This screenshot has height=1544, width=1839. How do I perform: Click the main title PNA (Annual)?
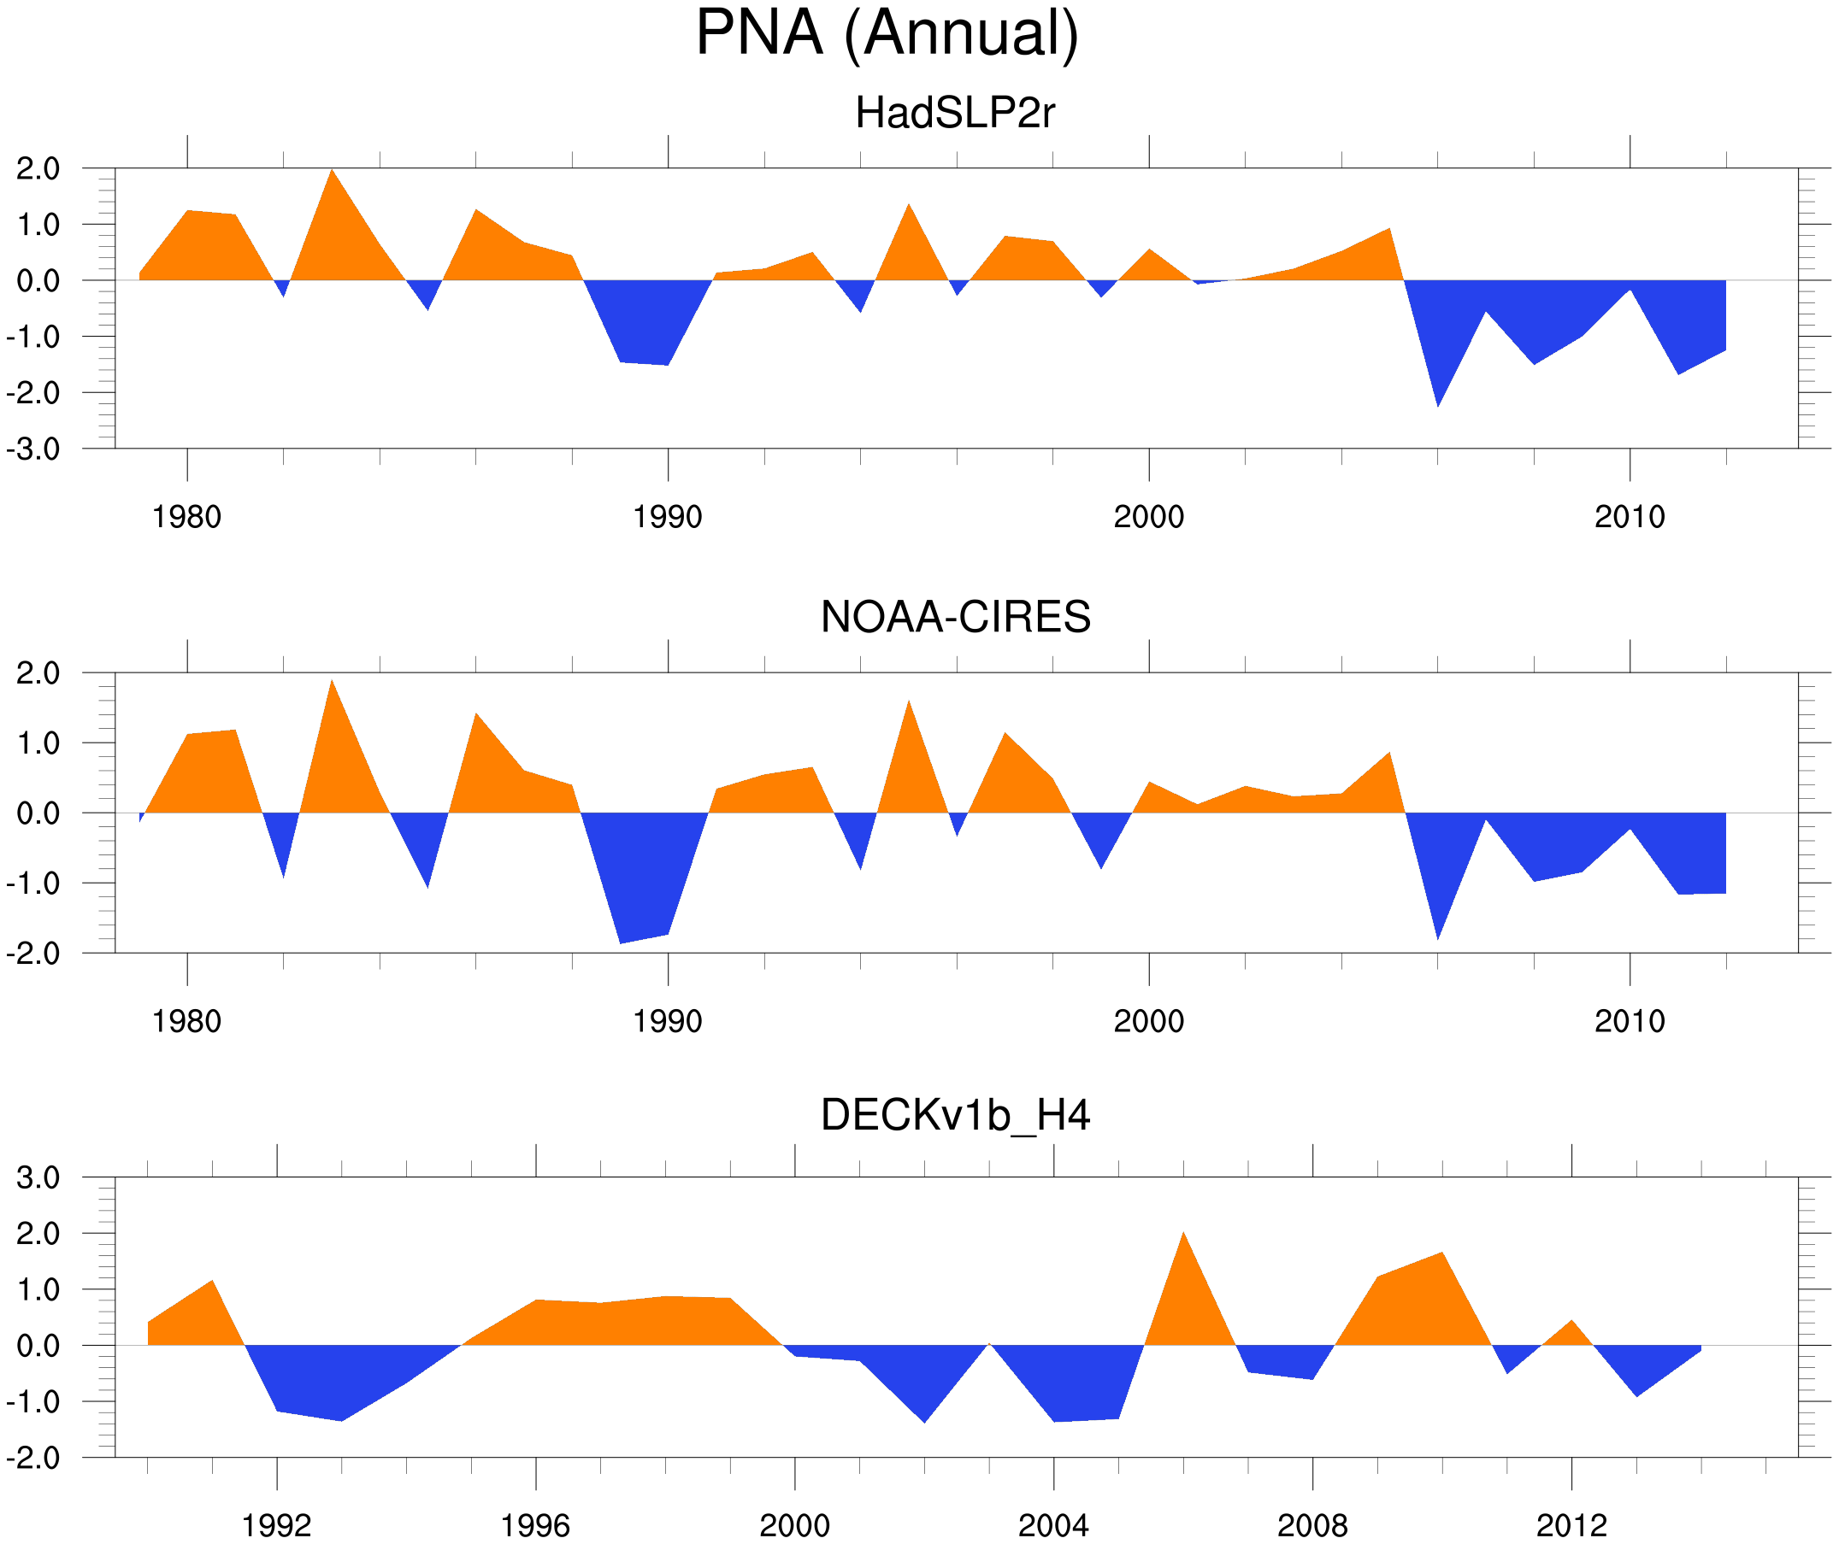coord(887,33)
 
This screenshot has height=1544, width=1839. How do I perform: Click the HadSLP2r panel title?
coord(954,113)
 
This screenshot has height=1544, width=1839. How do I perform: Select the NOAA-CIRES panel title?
coord(954,617)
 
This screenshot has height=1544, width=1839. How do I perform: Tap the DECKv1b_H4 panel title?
coord(954,1116)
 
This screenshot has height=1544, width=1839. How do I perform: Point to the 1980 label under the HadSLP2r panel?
coord(186,517)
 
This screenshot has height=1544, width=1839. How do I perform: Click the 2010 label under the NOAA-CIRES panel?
coord(1629,1021)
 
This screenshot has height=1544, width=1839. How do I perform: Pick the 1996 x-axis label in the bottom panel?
coord(535,1527)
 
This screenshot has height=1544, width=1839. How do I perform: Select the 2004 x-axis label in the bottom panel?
coord(1052,1527)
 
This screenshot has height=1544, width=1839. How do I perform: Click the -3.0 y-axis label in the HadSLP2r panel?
coord(33,449)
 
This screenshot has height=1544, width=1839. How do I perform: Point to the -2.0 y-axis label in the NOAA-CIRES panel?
coord(33,954)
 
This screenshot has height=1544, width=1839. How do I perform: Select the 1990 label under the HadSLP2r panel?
coord(668,517)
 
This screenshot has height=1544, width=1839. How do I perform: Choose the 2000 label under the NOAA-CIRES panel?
coord(1148,1021)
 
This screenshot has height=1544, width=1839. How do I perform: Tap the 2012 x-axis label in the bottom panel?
coord(1571,1527)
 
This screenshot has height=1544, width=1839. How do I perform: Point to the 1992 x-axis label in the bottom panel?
coord(277,1527)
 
